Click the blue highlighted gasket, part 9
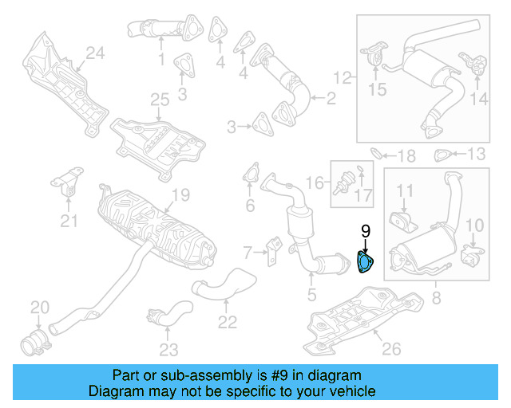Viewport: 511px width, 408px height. click(x=364, y=261)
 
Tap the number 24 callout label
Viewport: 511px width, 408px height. click(x=95, y=53)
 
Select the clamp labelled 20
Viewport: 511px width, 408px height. click(x=33, y=343)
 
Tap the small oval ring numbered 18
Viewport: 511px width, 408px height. click(x=378, y=152)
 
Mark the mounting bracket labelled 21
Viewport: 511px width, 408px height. click(x=69, y=185)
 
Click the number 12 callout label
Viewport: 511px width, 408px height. click(x=342, y=77)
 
